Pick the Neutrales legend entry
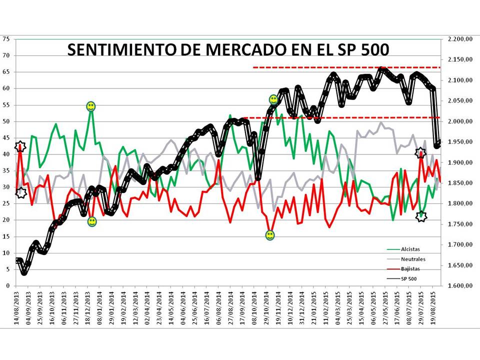coord(413,259)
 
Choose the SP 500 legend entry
coord(409,278)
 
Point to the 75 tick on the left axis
coord(6,39)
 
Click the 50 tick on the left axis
coord(6,121)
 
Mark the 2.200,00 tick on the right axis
coord(458,39)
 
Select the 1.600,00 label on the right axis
coord(458,286)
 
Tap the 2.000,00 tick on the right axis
coord(458,121)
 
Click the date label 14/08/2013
coord(17,306)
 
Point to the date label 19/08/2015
coord(433,306)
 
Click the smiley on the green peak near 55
coord(90,106)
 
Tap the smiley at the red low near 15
coord(270,235)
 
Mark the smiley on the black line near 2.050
coord(273,99)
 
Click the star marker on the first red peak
coord(20,146)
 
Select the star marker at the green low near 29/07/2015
coord(421,216)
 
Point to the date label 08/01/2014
coord(100,306)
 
